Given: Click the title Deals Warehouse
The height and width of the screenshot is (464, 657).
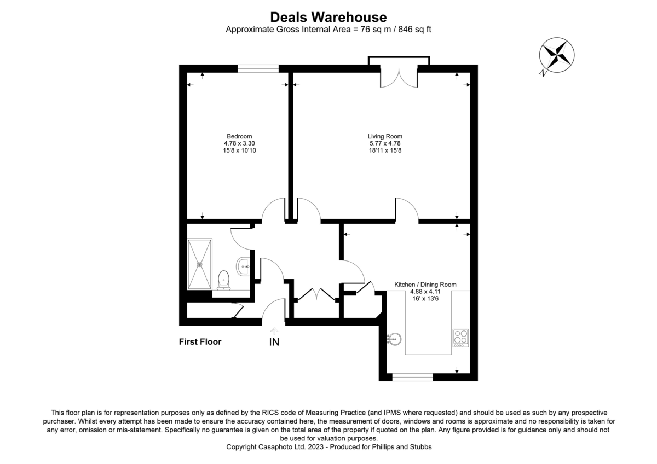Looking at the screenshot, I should [x=328, y=18].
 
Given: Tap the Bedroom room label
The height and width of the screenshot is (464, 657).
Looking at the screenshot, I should [x=239, y=136].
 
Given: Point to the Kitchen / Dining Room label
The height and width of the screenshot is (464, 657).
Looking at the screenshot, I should [x=425, y=285].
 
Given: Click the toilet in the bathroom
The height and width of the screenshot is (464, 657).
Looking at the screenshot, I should [x=223, y=280].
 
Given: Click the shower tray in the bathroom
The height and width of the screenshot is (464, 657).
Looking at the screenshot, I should [x=200, y=264].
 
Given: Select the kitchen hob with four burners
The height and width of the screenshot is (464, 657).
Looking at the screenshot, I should [x=460, y=338].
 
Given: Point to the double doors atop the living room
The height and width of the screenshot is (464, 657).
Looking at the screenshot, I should [x=399, y=77].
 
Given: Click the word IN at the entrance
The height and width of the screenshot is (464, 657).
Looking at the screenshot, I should [x=274, y=343].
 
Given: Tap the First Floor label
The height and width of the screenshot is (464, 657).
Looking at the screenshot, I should [x=200, y=342].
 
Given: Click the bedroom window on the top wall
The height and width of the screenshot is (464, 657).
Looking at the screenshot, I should [x=258, y=69].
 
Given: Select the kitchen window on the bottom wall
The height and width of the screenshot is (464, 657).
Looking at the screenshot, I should [x=413, y=377].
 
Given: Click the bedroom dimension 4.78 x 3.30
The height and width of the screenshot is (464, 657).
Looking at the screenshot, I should [x=239, y=143].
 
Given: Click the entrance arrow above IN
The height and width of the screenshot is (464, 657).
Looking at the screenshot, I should [x=274, y=330].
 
